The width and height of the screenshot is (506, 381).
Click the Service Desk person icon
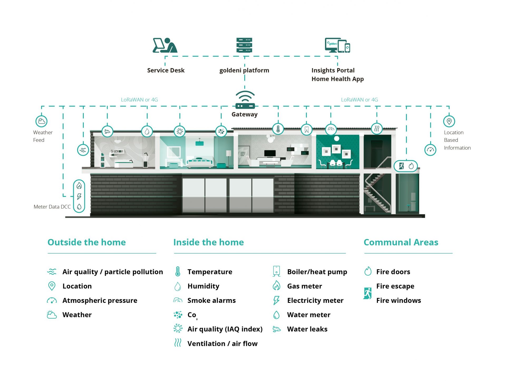[165, 45]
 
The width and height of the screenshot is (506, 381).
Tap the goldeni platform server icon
[244, 45]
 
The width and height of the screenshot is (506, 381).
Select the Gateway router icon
[245, 100]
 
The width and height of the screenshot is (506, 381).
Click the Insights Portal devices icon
[337, 45]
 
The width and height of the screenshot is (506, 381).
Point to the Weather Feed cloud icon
[41, 121]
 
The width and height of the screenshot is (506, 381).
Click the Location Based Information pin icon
[449, 121]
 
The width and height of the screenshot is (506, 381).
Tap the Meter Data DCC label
[52, 207]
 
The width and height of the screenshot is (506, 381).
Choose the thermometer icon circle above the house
[278, 129]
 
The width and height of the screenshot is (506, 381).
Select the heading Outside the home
[87, 242]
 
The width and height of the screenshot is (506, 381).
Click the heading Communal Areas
[401, 242]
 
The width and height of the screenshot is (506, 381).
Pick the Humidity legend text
[203, 286]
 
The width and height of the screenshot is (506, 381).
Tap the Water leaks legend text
[307, 329]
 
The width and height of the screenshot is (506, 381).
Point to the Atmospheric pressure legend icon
[52, 300]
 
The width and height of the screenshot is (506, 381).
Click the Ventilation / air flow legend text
[222, 344]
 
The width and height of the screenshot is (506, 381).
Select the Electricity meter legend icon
[276, 300]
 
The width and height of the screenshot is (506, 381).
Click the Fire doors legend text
[393, 272]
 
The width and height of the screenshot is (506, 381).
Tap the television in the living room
[270, 153]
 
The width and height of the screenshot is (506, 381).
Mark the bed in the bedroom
[200, 162]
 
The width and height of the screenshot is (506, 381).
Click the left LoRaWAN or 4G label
[139, 100]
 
